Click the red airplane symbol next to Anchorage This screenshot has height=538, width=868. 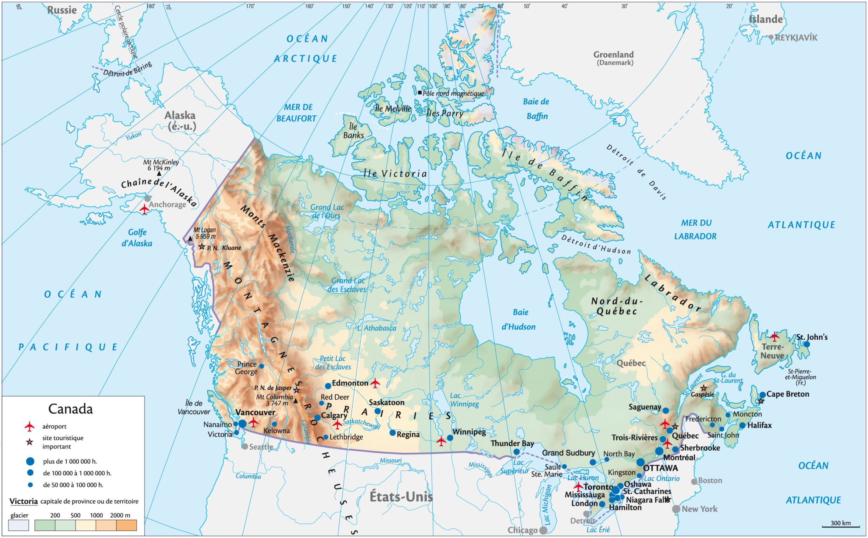(x=145, y=209)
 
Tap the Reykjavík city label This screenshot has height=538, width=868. (x=796, y=38)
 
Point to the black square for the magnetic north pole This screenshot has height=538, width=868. (x=420, y=93)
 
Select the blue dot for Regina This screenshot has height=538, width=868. (x=392, y=433)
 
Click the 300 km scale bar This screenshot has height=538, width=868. (x=841, y=527)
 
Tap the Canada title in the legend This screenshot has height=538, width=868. (x=70, y=409)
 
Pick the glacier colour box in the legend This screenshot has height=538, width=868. (x=19, y=526)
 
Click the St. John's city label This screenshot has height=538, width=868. (x=812, y=337)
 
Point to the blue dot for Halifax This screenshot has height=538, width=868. (x=742, y=425)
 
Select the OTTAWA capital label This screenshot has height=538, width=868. (x=660, y=468)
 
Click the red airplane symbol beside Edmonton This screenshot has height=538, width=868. (x=375, y=383)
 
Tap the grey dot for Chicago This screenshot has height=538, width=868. (x=543, y=530)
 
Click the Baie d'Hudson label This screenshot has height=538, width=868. (x=519, y=319)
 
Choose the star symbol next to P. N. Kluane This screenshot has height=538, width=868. (x=202, y=247)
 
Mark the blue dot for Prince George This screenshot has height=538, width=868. (x=262, y=366)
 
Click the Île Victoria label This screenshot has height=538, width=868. (x=395, y=174)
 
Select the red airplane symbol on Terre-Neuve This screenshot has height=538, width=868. (x=774, y=337)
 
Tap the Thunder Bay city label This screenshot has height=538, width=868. (x=512, y=444)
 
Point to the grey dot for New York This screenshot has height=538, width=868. (x=676, y=509)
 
